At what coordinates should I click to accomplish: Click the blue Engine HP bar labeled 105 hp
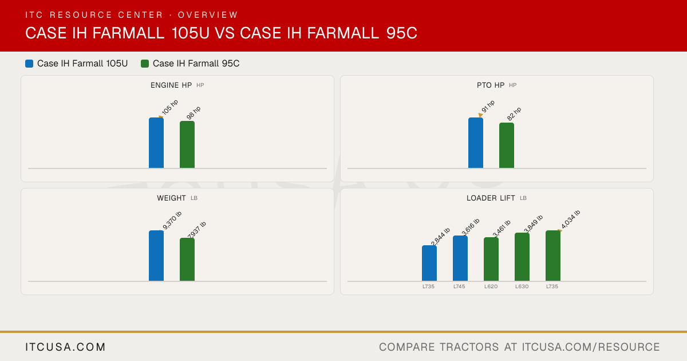pyautogui.click(x=156, y=143)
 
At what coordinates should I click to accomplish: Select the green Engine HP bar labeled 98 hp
pyautogui.click(x=187, y=144)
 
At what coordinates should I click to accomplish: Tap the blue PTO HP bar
pyautogui.click(x=476, y=143)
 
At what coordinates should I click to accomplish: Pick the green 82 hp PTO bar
pyautogui.click(x=507, y=146)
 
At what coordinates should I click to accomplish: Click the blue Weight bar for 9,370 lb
pyautogui.click(x=156, y=256)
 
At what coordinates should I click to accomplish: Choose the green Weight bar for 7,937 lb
pyautogui.click(x=187, y=260)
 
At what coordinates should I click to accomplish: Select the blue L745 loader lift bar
pyautogui.click(x=460, y=258)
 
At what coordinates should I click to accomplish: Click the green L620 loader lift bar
pyautogui.click(x=491, y=259)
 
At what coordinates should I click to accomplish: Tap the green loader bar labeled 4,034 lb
pyautogui.click(x=553, y=256)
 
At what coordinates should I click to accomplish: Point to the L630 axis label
pyautogui.click(x=522, y=287)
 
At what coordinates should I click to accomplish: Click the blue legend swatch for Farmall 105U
pyautogui.click(x=29, y=64)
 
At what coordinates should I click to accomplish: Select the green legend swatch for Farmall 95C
pyautogui.click(x=145, y=64)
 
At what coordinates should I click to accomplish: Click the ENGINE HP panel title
pyautogui.click(x=171, y=85)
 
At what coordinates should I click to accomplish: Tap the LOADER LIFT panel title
pyautogui.click(x=491, y=198)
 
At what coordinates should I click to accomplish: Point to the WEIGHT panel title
pyautogui.click(x=171, y=198)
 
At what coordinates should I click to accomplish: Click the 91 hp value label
pyautogui.click(x=488, y=106)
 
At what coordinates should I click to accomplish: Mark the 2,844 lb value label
pyautogui.click(x=440, y=236)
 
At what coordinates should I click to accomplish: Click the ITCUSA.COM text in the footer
pyautogui.click(x=65, y=347)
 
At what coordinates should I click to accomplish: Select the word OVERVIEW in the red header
pyautogui.click(x=208, y=15)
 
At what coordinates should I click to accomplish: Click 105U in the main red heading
pyautogui.click(x=191, y=33)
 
